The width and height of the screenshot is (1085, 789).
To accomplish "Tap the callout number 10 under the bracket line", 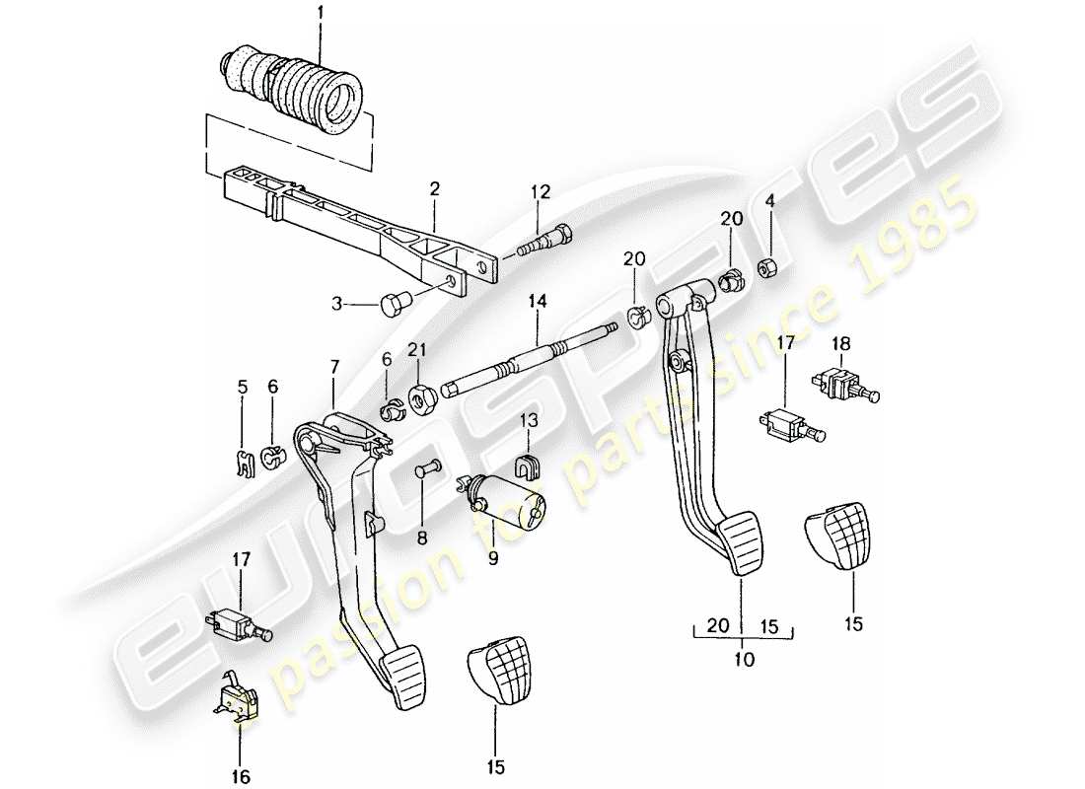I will (744, 659).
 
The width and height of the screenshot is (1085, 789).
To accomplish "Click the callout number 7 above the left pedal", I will (333, 366).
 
